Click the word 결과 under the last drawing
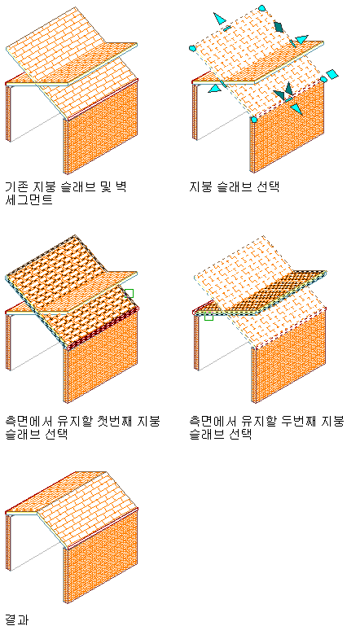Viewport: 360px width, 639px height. tap(17, 619)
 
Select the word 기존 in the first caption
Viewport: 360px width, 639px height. tap(17, 187)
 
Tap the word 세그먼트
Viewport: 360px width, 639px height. tap(29, 200)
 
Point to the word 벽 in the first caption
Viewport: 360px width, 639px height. tap(121, 187)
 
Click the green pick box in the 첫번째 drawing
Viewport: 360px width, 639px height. tap(129, 293)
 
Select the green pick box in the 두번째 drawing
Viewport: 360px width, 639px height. tap(209, 316)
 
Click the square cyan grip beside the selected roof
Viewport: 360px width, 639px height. tap(332, 74)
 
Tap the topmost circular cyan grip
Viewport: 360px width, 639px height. tap(262, 8)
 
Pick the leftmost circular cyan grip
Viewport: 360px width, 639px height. tap(192, 49)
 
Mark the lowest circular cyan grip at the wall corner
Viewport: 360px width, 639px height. tap(254, 119)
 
